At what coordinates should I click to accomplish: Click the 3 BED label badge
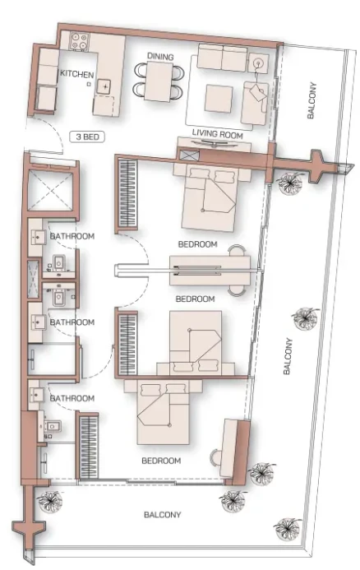pos(87,137)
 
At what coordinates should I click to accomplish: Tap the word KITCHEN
pos(76,75)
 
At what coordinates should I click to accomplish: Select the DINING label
pos(160,57)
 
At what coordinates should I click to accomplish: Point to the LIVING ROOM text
pos(218,134)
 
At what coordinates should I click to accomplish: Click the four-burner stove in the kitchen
pos(80,41)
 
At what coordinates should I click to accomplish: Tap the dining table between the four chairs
pos(159,81)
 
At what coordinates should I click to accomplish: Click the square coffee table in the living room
pos(219,98)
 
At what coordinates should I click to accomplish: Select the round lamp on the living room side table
pos(258,63)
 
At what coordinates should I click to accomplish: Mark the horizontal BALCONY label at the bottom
pos(163,515)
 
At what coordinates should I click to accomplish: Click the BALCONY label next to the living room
pos(312,100)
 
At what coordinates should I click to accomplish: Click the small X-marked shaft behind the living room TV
pos(190,155)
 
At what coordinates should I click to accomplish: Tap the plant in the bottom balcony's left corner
pos(50,501)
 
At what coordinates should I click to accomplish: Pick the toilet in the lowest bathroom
pos(53,426)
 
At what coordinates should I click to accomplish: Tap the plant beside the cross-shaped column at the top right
pos(290,182)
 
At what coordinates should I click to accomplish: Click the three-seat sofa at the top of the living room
pos(222,58)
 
